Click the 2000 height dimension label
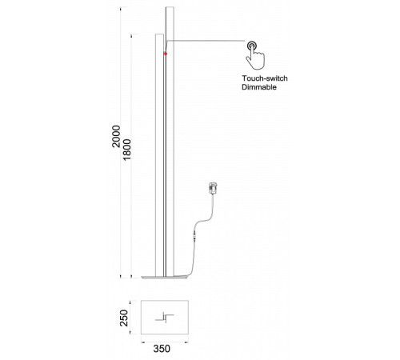pyautogui.click(x=116, y=136)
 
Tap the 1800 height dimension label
pyautogui.click(x=127, y=150)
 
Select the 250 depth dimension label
pyautogui.click(x=124, y=318)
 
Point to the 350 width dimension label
pyautogui.click(x=162, y=349)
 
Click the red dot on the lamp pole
pyautogui.click(x=166, y=54)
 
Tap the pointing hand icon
pyautogui.click(x=255, y=59)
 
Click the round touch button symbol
pyautogui.click(x=252, y=46)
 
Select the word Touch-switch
pyautogui.click(x=265, y=78)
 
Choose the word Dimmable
pyautogui.click(x=259, y=87)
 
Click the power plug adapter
pyautogui.click(x=213, y=188)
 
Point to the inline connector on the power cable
pyautogui.click(x=194, y=235)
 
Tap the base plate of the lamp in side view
pyautogui.click(x=165, y=278)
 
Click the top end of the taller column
pyautogui.click(x=170, y=7)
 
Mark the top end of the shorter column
pyautogui.click(x=159, y=34)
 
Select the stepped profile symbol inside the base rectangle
pyautogui.click(x=165, y=318)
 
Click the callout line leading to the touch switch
pyautogui.click(x=206, y=41)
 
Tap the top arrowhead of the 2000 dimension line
pyautogui.click(x=120, y=10)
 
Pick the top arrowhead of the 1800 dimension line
pyautogui.click(x=131, y=36)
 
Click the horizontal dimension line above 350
pyautogui.click(x=165, y=342)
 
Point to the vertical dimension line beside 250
pyautogui.click(x=130, y=318)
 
